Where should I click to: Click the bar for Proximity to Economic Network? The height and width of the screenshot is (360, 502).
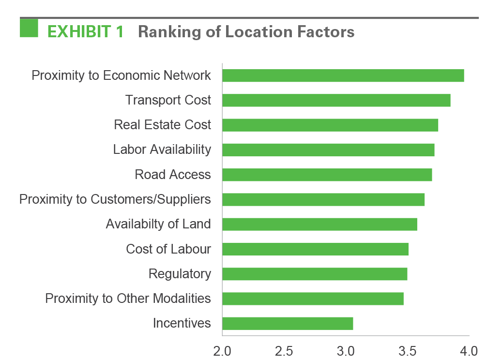(343, 75)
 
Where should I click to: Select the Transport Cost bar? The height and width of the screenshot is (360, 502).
(336, 100)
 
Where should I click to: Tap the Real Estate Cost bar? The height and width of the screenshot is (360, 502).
(330, 125)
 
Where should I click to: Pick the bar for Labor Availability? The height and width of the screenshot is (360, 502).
(328, 150)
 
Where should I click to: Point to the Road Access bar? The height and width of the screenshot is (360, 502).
(327, 175)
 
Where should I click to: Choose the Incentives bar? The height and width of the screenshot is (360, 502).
(288, 323)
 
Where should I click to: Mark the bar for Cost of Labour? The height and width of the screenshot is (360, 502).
(315, 249)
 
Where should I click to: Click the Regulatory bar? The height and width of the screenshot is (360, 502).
(314, 274)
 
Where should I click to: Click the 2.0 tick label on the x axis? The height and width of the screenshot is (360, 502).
(222, 350)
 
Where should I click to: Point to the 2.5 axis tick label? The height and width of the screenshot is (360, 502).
(284, 350)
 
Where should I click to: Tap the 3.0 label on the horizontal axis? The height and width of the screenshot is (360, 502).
(346, 350)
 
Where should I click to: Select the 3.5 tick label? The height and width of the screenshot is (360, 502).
(408, 350)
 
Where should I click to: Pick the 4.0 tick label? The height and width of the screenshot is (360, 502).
(469, 350)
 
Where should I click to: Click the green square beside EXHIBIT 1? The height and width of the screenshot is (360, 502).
(29, 28)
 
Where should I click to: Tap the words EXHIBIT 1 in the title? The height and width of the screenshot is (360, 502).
(86, 32)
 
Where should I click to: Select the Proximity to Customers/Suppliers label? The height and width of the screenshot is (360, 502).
(115, 199)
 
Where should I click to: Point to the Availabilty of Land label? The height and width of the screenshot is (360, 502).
(158, 224)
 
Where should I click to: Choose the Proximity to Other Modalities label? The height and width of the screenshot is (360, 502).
(128, 299)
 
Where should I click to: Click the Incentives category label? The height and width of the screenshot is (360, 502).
(182, 323)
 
